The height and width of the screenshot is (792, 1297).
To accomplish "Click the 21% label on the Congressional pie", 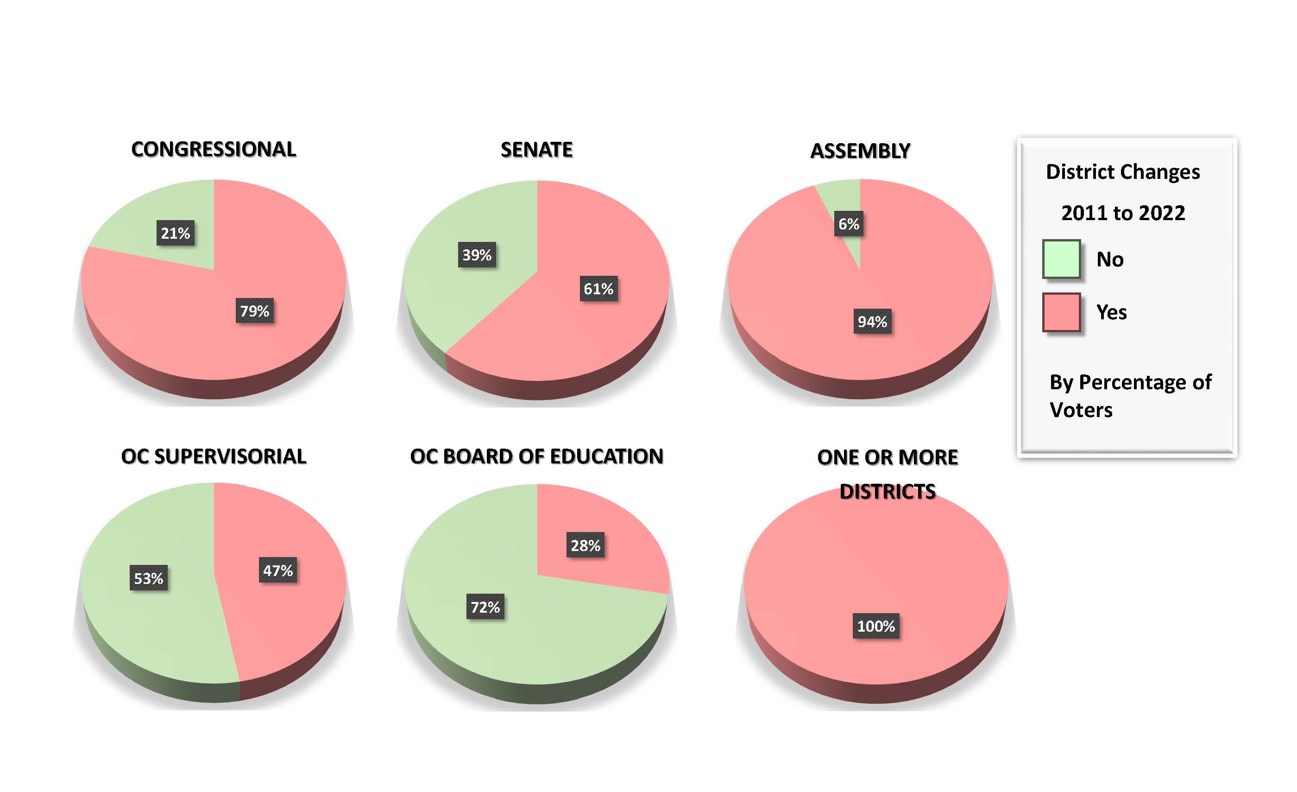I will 175,233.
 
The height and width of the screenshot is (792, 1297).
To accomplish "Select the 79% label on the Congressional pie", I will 255,310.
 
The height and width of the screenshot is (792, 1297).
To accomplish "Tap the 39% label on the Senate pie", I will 477,255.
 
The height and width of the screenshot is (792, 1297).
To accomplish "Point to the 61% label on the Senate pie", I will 598,289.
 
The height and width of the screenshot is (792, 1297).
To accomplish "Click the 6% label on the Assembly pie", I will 849,224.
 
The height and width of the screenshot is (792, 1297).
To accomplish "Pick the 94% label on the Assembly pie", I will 872,321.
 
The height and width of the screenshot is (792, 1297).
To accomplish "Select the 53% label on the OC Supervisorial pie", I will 148,578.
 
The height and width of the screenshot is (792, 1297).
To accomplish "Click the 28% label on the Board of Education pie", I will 586,545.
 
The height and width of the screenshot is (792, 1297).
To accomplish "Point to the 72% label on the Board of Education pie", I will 485,607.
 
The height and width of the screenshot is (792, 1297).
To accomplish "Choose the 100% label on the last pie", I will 876,626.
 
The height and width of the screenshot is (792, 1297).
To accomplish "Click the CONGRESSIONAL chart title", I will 214,149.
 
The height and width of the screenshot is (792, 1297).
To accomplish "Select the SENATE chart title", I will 536,150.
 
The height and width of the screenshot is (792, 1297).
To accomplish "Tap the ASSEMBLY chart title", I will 860,151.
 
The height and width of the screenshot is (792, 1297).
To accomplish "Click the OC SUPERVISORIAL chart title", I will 214,456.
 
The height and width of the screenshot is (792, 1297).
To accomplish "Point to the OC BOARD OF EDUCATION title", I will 536,456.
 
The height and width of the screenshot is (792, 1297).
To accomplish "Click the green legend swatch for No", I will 1061,259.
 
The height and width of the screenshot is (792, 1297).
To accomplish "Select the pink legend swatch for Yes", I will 1061,312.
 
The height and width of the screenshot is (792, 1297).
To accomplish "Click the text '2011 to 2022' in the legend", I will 1123,213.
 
